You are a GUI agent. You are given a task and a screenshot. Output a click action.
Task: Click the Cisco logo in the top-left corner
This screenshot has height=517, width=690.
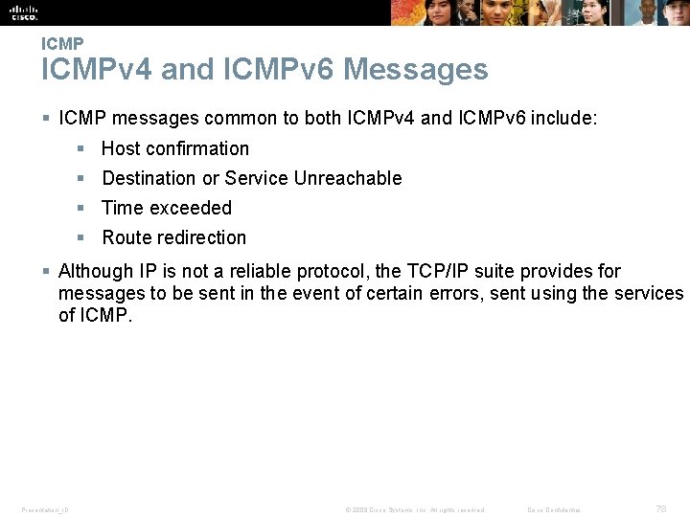(x=23, y=12)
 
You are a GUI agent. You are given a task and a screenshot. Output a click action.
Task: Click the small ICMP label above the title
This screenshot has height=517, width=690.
(x=62, y=44)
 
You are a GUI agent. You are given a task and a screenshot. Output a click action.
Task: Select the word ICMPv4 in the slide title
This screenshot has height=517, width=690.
(x=96, y=70)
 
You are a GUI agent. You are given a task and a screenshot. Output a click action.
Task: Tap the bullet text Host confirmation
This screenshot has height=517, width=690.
(x=175, y=148)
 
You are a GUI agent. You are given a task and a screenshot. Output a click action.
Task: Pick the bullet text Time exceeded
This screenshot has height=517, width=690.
(x=167, y=208)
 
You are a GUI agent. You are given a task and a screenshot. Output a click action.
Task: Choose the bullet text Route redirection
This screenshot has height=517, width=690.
(x=174, y=237)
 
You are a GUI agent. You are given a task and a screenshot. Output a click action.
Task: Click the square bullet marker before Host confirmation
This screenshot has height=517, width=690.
(x=81, y=148)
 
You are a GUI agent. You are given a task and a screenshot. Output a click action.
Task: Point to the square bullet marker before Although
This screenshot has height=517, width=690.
(x=47, y=272)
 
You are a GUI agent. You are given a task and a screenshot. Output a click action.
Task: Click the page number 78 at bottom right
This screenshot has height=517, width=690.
(x=661, y=508)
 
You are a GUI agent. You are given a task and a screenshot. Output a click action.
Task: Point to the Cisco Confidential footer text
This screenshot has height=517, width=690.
(x=554, y=509)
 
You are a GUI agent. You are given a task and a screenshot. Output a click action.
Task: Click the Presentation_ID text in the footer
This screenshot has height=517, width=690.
(x=45, y=509)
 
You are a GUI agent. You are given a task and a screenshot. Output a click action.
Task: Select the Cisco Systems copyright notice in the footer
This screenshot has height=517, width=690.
(x=414, y=509)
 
